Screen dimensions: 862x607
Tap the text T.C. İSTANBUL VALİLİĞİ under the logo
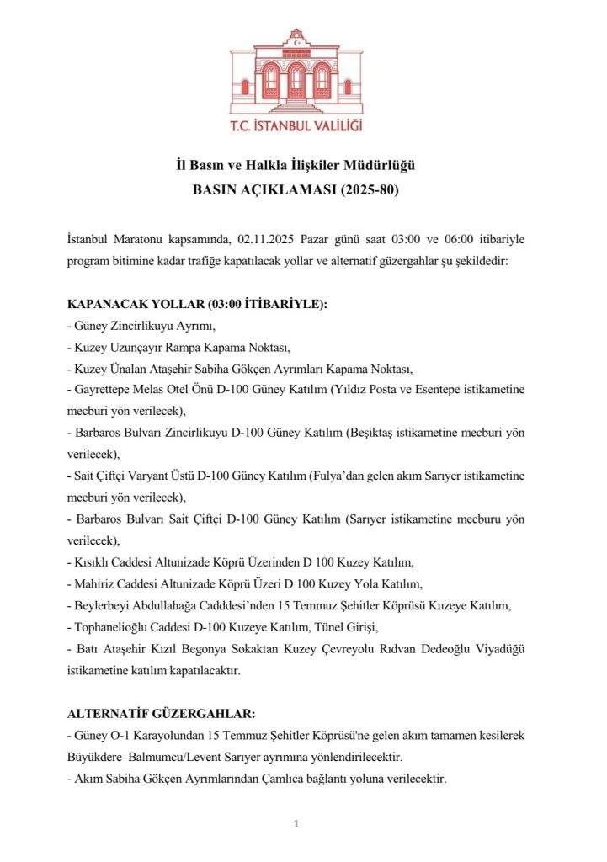(x=296, y=127)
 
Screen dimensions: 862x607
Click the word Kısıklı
(x=91, y=561)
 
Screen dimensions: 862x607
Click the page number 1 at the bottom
(x=296, y=823)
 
